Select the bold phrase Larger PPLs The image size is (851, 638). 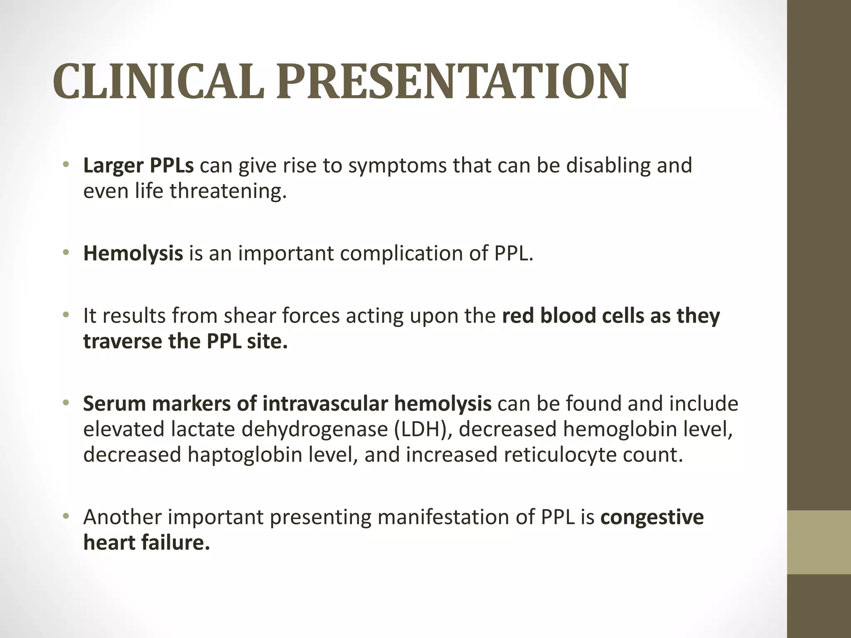pos(138,165)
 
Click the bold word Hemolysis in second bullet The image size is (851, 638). pos(133,253)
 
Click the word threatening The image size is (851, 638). pos(228,191)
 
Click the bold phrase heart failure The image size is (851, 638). pos(146,543)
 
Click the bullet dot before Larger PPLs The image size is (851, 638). pos(65,165)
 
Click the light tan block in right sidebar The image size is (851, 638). pos(819,542)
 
